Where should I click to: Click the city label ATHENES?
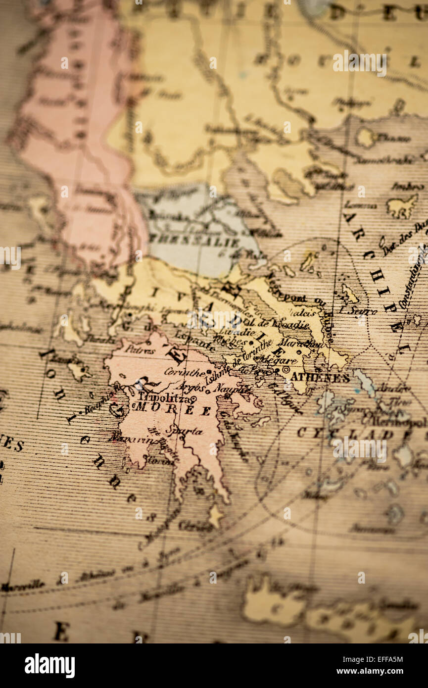320,378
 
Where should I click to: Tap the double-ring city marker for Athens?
285,370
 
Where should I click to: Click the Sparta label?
184,431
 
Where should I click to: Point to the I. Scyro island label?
354,310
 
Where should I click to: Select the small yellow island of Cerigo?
215,516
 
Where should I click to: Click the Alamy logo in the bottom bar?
50,666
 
